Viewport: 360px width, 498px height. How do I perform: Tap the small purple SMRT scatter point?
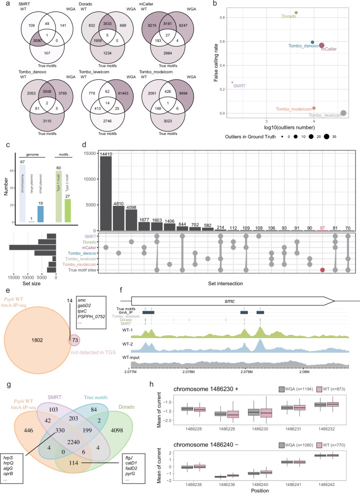tap(232, 82)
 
